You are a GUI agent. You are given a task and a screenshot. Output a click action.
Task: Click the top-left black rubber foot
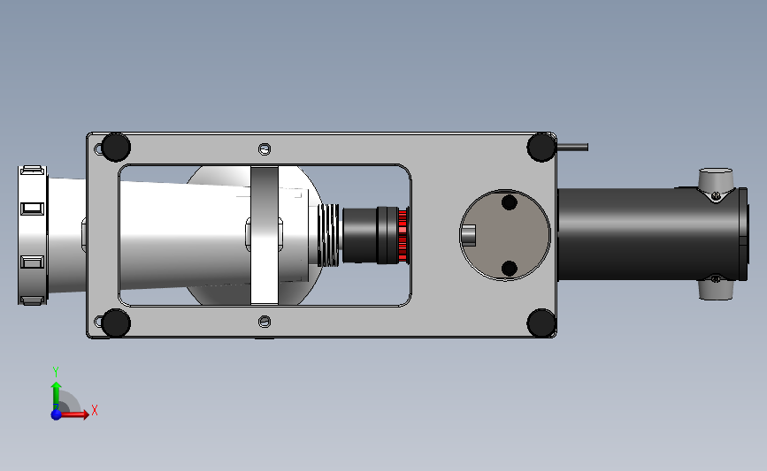click(x=115, y=147)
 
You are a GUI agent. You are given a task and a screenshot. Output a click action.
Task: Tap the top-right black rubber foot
click(x=541, y=147)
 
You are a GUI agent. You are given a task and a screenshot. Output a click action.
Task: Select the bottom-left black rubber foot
click(x=115, y=323)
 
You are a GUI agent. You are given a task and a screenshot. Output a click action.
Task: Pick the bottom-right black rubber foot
click(x=541, y=323)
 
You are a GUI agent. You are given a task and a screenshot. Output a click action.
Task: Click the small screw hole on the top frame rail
click(x=265, y=149)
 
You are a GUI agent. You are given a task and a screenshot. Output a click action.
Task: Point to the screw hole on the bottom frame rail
click(x=265, y=322)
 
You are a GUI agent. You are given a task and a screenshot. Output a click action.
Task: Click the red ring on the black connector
click(x=403, y=235)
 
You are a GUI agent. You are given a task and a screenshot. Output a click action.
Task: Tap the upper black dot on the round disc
click(x=510, y=202)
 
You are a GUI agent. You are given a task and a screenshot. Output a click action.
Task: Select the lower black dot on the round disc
click(x=510, y=269)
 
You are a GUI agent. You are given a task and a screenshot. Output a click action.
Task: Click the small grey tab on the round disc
click(x=469, y=235)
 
